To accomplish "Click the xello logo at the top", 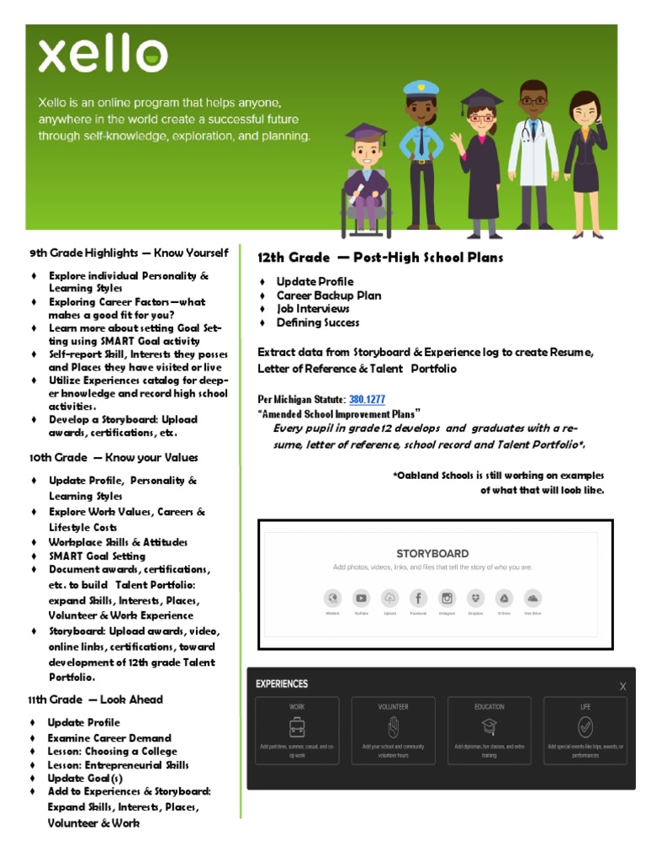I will [102, 56].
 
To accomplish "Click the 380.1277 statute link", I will [368, 399].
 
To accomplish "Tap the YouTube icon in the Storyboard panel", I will [361, 599].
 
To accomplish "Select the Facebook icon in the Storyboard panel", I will [418, 599].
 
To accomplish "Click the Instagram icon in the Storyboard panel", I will [447, 599].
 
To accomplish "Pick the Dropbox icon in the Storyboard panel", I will [475, 599].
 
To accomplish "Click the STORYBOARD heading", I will [432, 553].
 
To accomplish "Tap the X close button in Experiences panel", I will [622, 686].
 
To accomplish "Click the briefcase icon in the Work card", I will [297, 727].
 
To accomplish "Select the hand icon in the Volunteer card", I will [393, 726].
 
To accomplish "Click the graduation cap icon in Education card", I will [489, 727].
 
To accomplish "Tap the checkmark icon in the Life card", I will [585, 726].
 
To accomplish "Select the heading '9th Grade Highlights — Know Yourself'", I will [129, 253].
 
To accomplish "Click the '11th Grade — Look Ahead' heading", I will [96, 700].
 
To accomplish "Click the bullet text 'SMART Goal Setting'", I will [97, 556].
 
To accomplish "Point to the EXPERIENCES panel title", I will [282, 684].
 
